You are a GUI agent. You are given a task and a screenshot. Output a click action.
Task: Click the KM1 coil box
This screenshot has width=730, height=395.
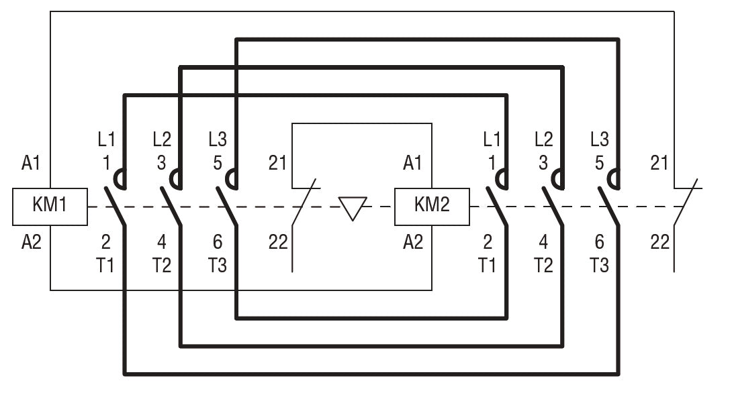point(50,207)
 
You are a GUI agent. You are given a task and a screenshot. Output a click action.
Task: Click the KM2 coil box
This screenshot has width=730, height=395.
point(432,207)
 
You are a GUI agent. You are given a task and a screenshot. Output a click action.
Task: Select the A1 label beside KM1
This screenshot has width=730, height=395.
point(31,163)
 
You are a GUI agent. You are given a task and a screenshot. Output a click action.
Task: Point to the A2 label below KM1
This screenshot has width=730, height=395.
point(31,242)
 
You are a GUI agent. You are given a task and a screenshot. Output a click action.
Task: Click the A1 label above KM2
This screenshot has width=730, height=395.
point(413,163)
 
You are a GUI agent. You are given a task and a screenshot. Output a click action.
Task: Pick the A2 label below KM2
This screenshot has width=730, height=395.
point(413,242)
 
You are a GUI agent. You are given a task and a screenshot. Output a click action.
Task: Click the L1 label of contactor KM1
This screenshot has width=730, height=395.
point(106,139)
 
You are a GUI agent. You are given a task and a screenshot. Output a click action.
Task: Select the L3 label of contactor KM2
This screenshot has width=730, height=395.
point(600,139)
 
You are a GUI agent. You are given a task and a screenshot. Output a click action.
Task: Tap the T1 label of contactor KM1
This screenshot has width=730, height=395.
point(106,266)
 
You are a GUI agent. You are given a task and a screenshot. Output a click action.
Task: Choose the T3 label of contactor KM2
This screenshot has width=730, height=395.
point(600,266)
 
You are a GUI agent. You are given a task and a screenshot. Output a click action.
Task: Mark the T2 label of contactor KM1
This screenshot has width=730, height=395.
point(162,266)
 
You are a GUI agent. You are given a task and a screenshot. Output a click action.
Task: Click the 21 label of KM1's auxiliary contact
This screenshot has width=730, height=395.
point(277,163)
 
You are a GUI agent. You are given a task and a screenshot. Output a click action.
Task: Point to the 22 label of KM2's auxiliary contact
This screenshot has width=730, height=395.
point(660,242)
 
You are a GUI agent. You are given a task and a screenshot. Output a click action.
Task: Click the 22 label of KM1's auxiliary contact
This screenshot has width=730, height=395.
point(278,242)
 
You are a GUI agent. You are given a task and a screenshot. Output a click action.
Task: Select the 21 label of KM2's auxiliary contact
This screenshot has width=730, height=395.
point(660,163)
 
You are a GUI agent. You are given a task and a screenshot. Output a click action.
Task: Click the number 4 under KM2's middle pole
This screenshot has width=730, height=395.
point(543,242)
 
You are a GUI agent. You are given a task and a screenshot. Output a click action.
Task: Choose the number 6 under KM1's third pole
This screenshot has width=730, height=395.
point(217,242)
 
